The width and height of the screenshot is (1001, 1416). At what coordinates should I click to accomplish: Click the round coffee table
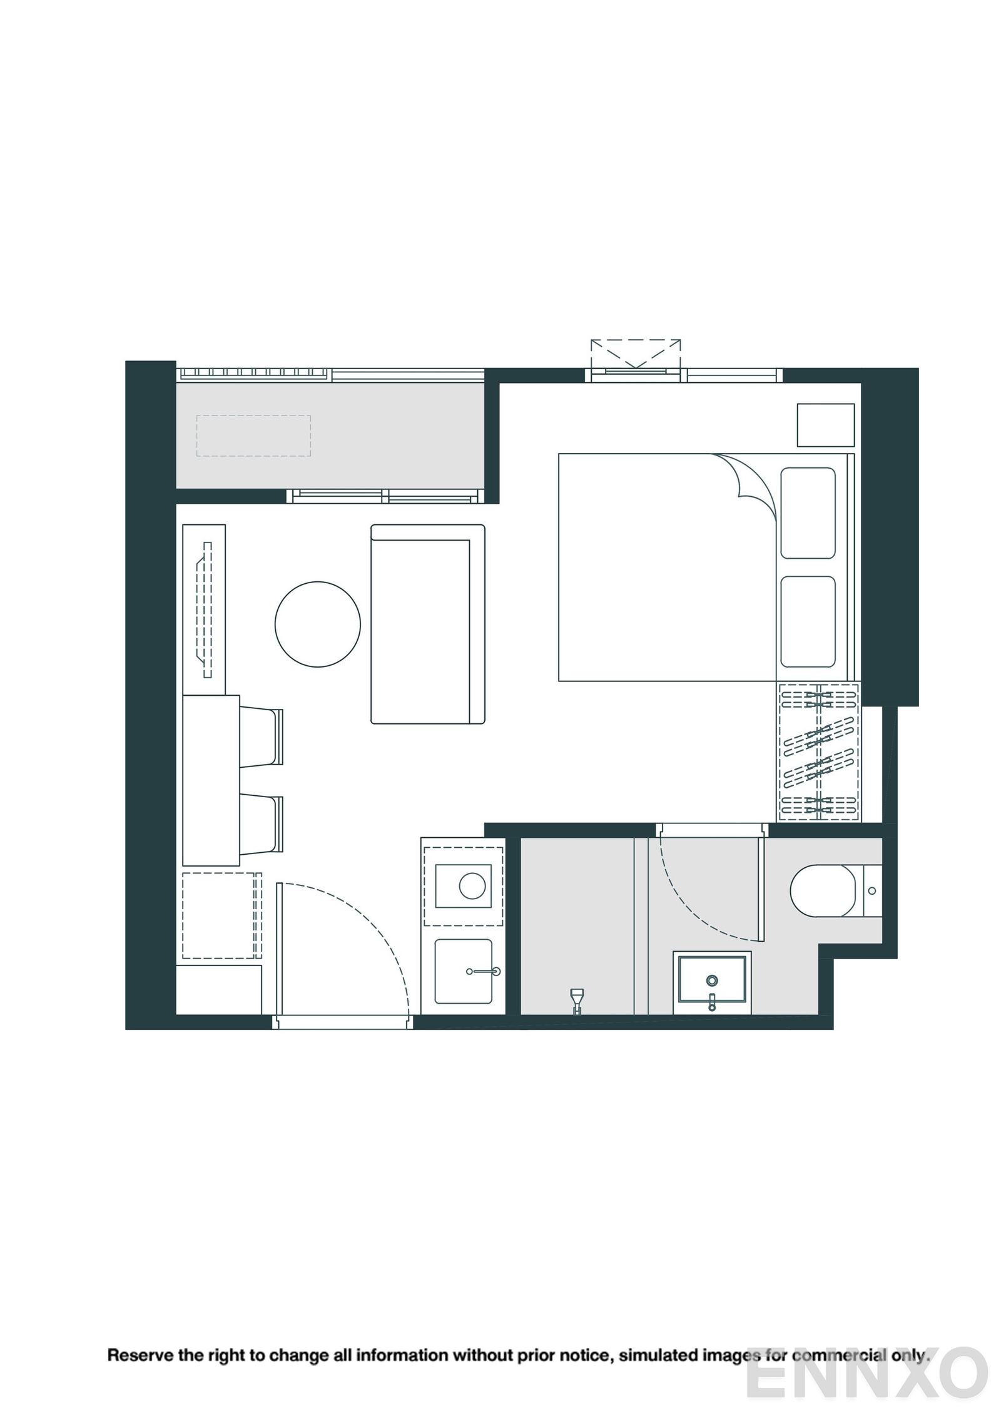click(317, 624)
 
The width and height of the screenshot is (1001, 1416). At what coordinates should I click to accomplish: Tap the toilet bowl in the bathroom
click(822, 890)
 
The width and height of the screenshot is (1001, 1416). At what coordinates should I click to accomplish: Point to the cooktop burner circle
click(472, 886)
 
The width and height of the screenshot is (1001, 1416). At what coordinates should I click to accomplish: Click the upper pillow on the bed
click(808, 512)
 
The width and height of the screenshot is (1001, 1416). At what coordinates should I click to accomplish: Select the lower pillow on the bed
click(808, 621)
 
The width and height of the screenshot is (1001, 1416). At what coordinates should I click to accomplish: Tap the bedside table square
click(825, 425)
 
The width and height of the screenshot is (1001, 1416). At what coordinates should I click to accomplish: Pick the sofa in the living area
click(427, 624)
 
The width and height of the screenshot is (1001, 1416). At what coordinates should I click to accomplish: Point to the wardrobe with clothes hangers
click(818, 752)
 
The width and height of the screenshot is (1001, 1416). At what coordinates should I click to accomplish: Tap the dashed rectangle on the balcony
click(253, 435)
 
